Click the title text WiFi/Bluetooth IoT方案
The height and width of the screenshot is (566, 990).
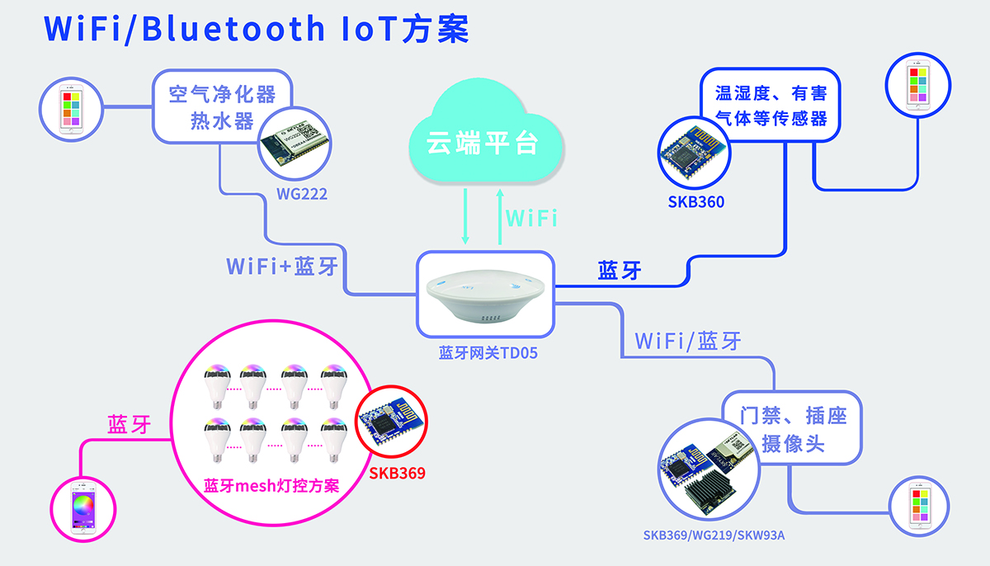pos(256,29)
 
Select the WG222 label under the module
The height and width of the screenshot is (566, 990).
pos(302,195)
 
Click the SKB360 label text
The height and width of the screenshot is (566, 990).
pos(696,200)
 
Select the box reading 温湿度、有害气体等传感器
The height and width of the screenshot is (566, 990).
pos(770,106)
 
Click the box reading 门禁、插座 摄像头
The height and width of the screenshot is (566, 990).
pos(793,429)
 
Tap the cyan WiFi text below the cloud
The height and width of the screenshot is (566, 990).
pos(531,219)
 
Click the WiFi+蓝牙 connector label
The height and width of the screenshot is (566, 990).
pos(281,266)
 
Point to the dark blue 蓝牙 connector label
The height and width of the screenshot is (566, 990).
pos(620,271)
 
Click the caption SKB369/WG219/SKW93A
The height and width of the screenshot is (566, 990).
pos(714,535)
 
